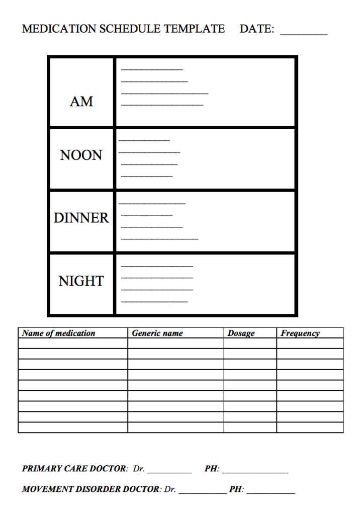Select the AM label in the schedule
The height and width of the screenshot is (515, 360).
tap(81, 102)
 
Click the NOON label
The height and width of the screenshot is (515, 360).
tap(81, 155)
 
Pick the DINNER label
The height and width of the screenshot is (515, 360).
tap(81, 218)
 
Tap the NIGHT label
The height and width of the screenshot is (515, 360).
tap(81, 281)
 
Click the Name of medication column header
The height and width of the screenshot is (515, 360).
tap(58, 333)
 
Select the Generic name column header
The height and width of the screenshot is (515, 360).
tap(157, 333)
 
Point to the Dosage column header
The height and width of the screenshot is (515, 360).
tap(241, 333)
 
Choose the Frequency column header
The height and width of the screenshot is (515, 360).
tap(300, 333)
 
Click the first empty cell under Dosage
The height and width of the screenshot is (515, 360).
tap(250, 343)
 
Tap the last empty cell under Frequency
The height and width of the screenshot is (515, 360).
tap(310, 427)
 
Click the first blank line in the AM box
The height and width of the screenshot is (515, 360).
tap(152, 69)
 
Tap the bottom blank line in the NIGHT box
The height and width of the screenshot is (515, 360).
tap(154, 301)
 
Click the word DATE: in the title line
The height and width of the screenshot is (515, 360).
tap(257, 29)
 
